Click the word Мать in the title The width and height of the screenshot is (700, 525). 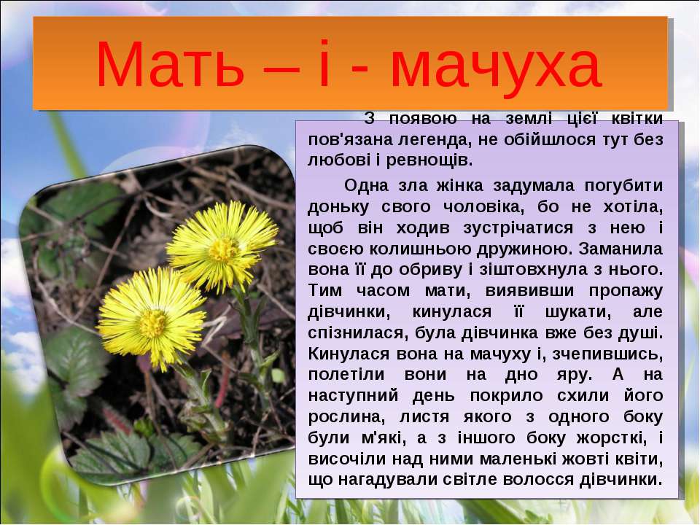tap(170, 63)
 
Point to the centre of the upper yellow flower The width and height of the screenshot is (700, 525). tap(222, 247)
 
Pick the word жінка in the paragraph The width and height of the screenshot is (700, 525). tap(460, 185)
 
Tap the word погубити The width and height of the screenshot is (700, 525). tap(623, 186)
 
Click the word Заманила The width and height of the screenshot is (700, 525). tap(621, 249)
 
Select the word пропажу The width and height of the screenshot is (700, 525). tap(626, 291)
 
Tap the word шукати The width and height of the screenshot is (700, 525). tap(578, 312)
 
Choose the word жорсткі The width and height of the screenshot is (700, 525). tap(611, 438)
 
